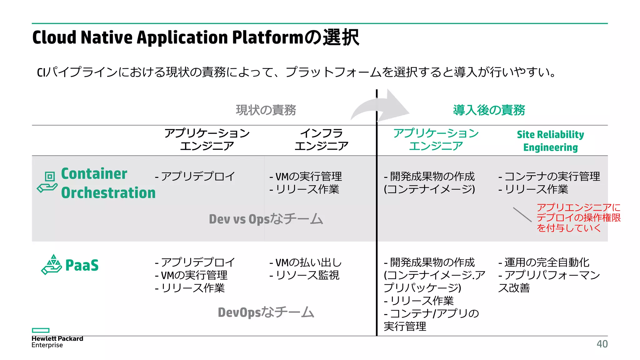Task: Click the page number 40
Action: tap(602, 344)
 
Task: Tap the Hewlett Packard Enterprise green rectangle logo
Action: tap(41, 330)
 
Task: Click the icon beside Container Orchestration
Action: tap(47, 182)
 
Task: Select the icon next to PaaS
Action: tap(52, 265)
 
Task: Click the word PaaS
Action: tap(82, 265)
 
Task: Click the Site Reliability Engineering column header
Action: tap(550, 141)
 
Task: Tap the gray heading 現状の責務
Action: tap(266, 110)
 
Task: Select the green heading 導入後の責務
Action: tap(489, 110)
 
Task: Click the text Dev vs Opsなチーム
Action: tap(266, 219)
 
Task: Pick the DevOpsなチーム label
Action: tap(266, 312)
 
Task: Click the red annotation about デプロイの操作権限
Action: tap(578, 218)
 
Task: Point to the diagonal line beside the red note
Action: tap(522, 215)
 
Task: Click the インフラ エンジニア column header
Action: tap(322, 140)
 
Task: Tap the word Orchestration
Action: tap(108, 193)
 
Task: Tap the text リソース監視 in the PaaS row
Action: tap(307, 275)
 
